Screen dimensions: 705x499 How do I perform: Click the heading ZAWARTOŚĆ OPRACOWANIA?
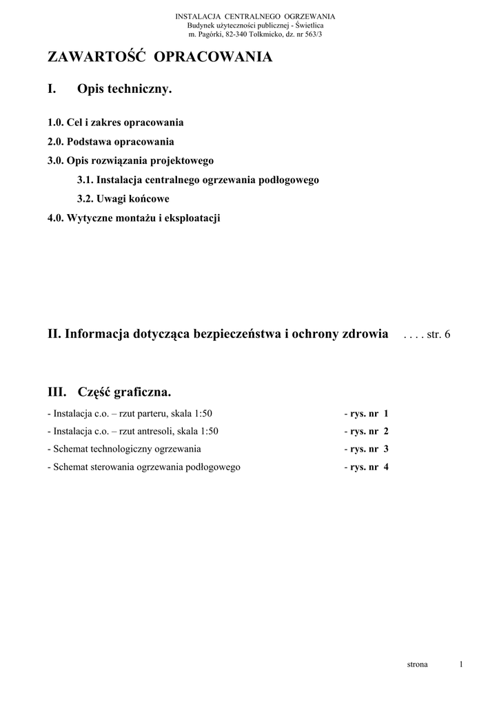[x=159, y=58]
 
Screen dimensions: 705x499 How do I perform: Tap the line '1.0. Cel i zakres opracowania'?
[x=115, y=123]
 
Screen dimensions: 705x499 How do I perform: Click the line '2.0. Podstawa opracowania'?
[x=110, y=142]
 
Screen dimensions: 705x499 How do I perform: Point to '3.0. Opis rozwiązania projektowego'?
[x=130, y=160]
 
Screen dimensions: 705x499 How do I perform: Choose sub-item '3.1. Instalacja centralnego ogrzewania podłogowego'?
[x=198, y=180]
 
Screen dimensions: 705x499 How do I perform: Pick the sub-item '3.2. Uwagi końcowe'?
[x=123, y=199]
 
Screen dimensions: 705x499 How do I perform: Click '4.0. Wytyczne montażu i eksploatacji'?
[x=134, y=218]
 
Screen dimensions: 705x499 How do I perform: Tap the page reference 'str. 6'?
[x=439, y=335]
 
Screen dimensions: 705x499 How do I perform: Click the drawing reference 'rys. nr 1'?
[x=368, y=414]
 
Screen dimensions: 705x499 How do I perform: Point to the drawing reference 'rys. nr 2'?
[x=368, y=432]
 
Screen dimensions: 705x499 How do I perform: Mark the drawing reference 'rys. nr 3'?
[x=368, y=449]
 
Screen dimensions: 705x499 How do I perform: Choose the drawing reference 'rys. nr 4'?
[x=368, y=467]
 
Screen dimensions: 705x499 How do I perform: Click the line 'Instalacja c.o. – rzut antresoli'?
[x=132, y=432]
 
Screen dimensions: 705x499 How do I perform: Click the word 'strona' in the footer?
[x=417, y=664]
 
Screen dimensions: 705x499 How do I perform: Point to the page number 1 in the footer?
[x=460, y=664]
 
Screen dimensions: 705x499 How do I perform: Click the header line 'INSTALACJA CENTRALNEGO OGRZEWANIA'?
[x=255, y=16]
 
